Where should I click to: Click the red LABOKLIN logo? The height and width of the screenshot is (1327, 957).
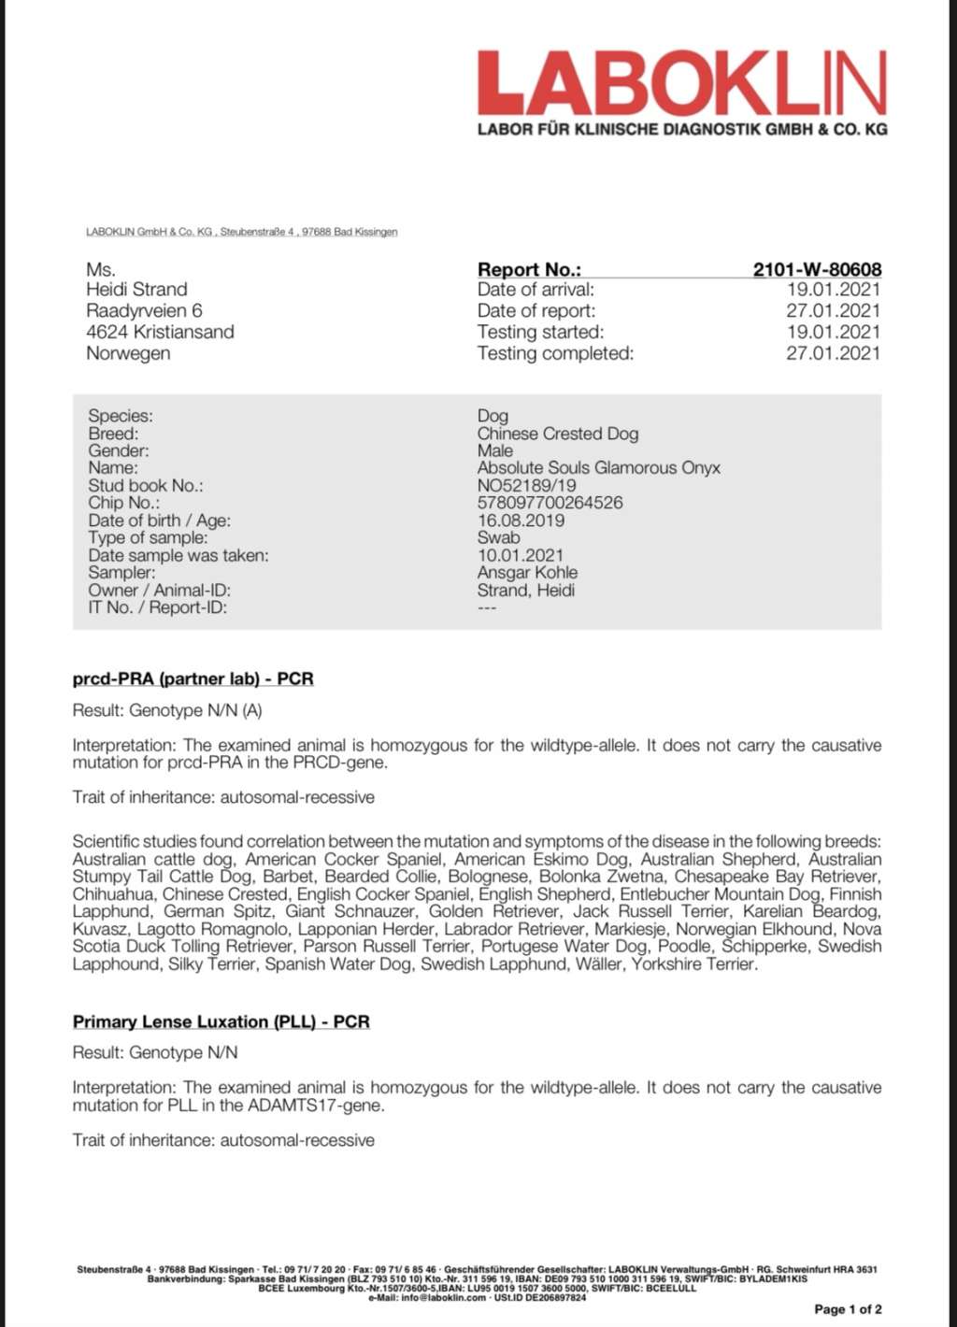coord(681,84)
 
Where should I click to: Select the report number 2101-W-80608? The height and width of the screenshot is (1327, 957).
coord(816,269)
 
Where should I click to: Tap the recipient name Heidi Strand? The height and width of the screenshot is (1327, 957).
coord(136,290)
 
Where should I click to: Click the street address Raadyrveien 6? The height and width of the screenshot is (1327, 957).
coord(144,311)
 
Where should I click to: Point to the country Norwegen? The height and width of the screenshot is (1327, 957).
coord(128,353)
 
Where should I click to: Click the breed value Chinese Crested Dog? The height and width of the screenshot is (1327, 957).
coord(557,434)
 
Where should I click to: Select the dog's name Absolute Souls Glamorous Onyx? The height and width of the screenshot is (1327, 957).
coord(598,468)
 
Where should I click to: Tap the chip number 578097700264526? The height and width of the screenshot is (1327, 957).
coord(550,503)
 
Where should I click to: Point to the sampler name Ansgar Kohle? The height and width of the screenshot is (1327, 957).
coord(527,573)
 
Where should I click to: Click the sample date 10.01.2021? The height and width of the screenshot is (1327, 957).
coord(521,555)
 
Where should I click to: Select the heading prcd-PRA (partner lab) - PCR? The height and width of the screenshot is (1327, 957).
coord(193,678)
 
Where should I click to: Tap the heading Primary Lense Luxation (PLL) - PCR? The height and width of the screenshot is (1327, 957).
coord(221,1021)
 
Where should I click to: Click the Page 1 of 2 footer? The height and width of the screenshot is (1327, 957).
coord(848,1309)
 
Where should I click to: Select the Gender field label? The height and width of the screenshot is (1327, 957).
coord(118,451)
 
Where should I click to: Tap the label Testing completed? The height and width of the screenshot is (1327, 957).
coord(555,353)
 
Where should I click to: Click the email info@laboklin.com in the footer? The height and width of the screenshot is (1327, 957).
coord(444,1297)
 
